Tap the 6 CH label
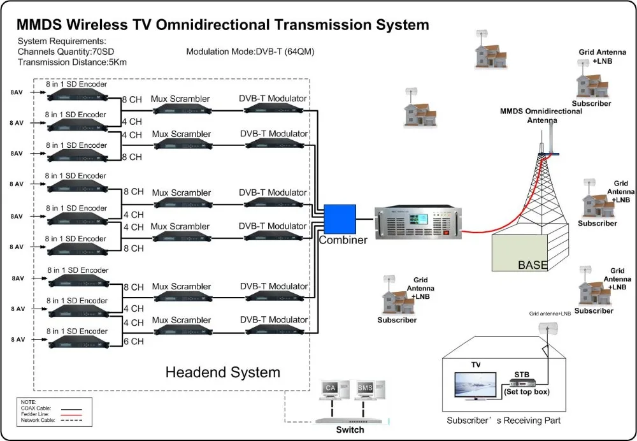[133, 341]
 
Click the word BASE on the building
[532, 264]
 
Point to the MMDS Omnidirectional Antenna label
[541, 115]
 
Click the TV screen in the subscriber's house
[475, 386]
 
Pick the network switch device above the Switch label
[350, 420]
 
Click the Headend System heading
[222, 372]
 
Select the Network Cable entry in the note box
[38, 421]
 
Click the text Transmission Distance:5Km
[73, 62]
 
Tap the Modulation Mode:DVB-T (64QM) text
[250, 52]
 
